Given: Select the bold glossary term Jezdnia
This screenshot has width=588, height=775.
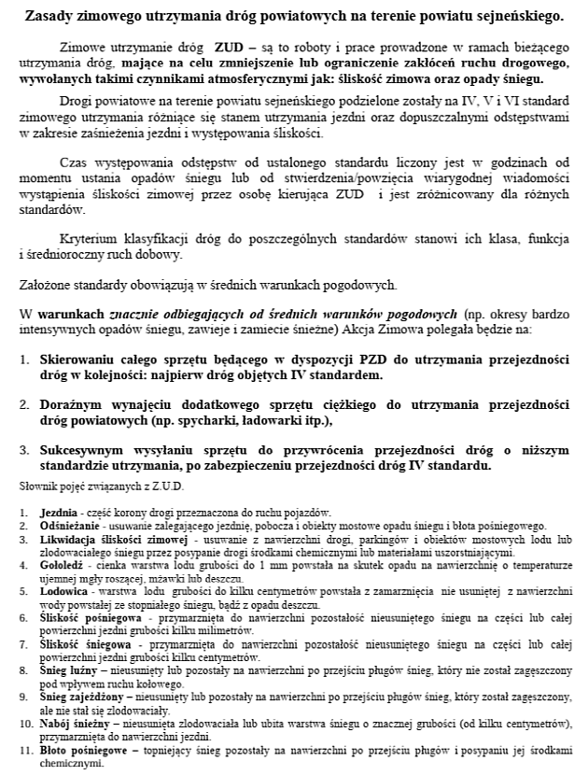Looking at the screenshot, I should point(58,514).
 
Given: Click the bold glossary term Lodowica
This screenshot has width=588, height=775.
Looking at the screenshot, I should point(62,592).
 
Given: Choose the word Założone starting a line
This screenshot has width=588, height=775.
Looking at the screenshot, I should point(48,285).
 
